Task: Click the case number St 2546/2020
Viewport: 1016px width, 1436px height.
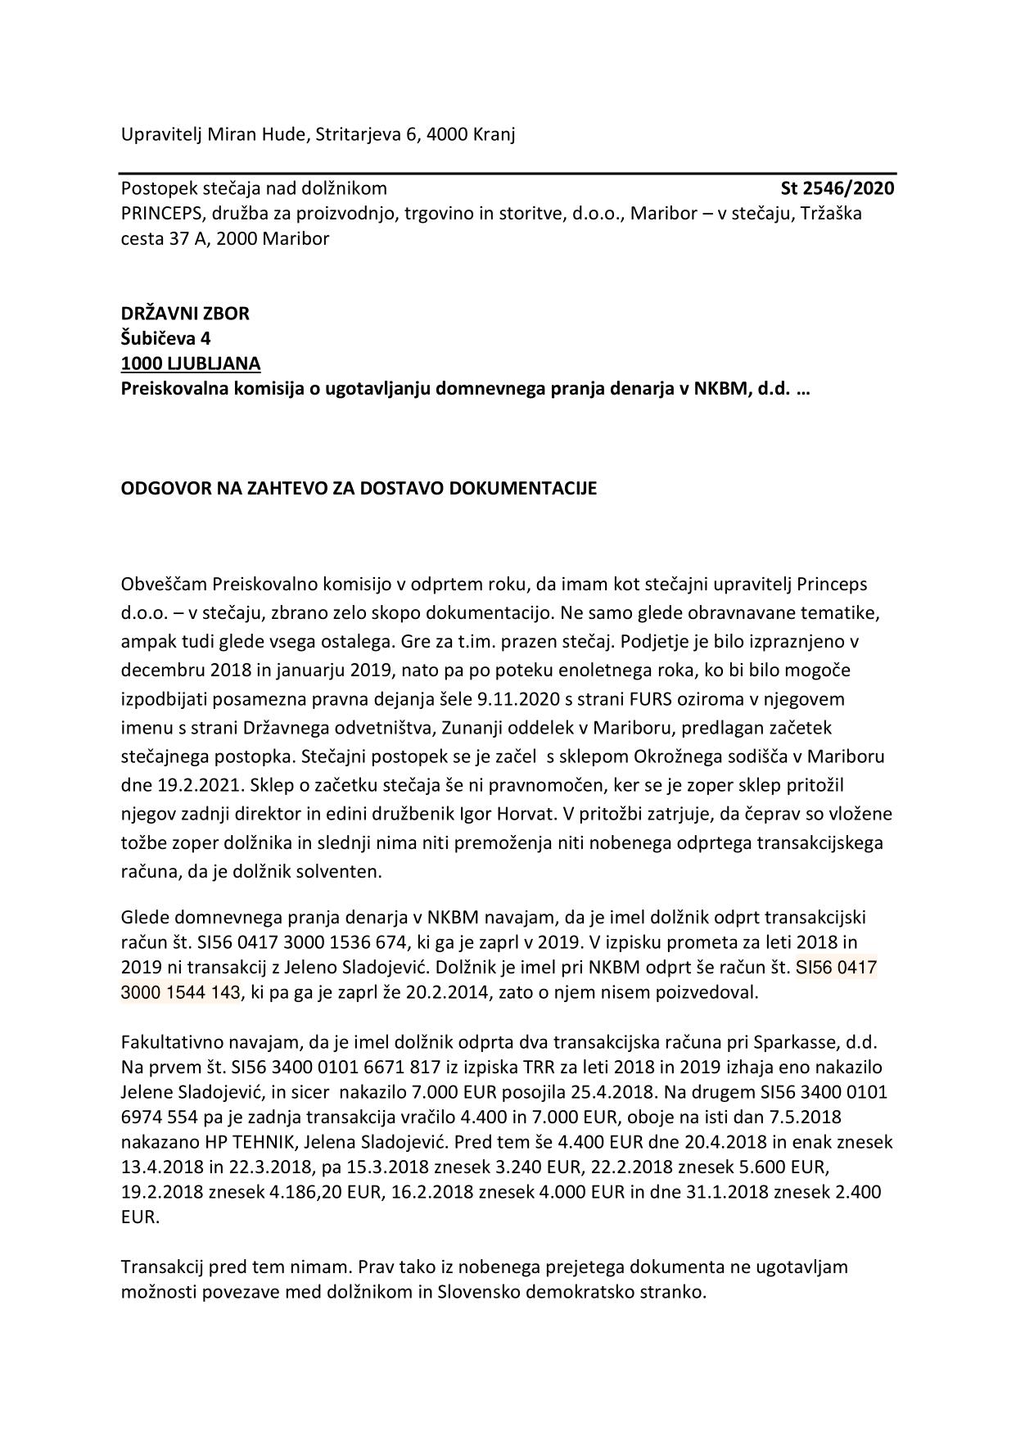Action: click(x=837, y=189)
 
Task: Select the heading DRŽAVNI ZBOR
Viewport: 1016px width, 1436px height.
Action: click(x=185, y=314)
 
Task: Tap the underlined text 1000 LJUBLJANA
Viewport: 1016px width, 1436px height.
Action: click(x=191, y=363)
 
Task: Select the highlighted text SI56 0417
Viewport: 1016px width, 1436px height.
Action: click(x=836, y=968)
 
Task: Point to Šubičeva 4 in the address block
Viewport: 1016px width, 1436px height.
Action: click(x=166, y=338)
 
